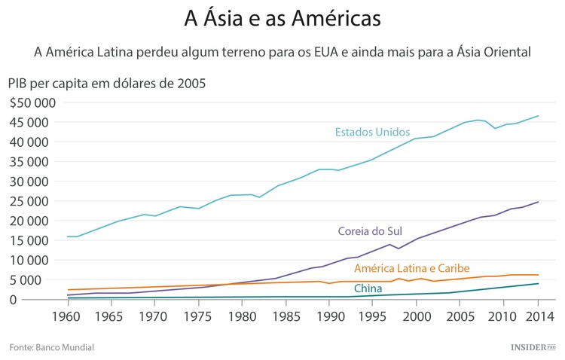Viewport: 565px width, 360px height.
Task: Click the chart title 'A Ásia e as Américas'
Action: coord(282,17)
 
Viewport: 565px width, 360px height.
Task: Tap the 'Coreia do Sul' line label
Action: coord(371,231)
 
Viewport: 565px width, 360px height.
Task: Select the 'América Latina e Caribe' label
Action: coord(411,268)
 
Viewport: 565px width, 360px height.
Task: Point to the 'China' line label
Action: coord(368,288)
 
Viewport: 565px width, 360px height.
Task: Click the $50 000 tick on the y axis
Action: coord(29,102)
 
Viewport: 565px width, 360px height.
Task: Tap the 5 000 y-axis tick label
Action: coord(35,279)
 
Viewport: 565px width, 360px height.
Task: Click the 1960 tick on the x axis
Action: coord(68,315)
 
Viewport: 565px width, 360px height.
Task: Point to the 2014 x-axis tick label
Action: coord(538,315)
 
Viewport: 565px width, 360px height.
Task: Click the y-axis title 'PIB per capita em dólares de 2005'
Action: coord(106,83)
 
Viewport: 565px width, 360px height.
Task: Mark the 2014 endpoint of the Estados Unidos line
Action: coord(538,116)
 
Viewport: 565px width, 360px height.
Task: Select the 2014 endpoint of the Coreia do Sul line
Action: coord(538,202)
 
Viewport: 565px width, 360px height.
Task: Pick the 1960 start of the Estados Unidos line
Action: coord(68,236)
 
